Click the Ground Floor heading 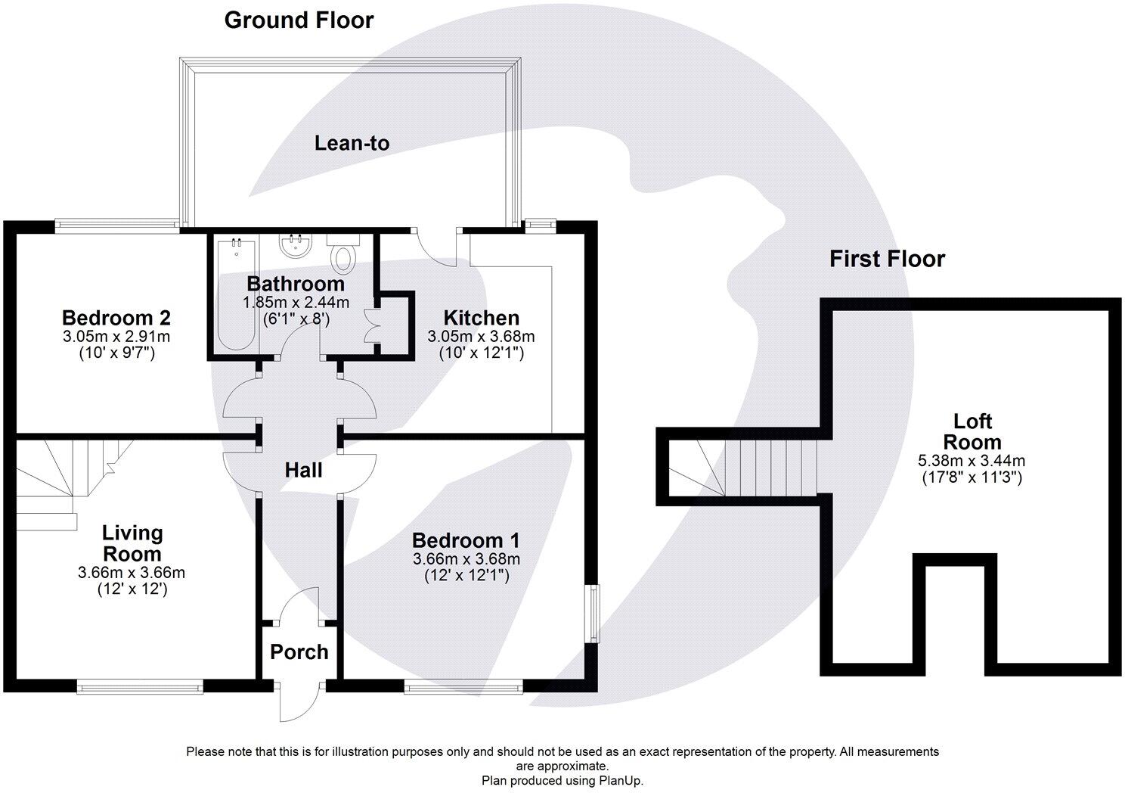(299, 20)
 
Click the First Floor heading (887, 259)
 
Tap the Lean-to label (352, 143)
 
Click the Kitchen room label (481, 318)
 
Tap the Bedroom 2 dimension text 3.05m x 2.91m (116, 335)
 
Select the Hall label (303, 470)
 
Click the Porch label (299, 652)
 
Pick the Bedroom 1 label (466, 540)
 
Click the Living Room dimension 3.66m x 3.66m (132, 573)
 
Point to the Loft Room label (972, 431)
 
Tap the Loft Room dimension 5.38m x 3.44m (972, 460)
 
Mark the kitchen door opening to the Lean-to (435, 246)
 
